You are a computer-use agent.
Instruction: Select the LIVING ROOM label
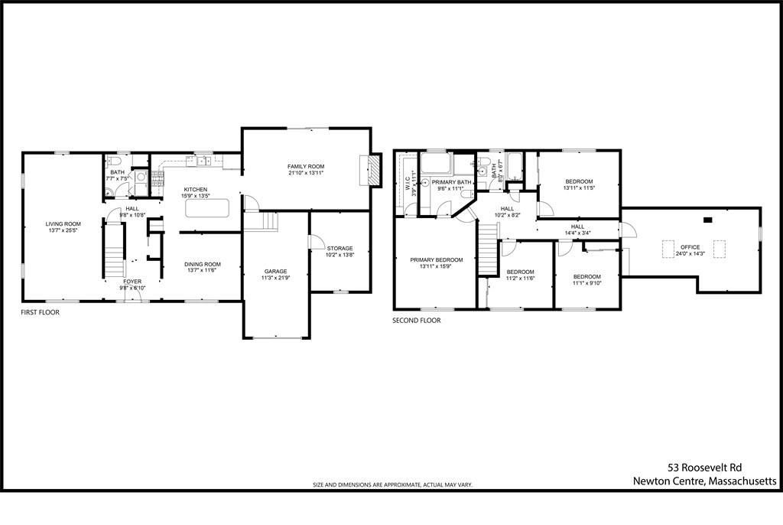tap(63, 223)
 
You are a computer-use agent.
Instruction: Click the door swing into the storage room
tap(314, 242)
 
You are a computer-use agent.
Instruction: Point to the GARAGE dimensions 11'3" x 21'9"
tap(276, 278)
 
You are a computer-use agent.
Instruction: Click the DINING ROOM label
tap(203, 264)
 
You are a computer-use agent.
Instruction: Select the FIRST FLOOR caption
tap(40, 312)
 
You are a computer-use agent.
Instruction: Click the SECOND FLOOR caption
tap(417, 321)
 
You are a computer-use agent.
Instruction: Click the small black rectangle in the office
tap(707, 220)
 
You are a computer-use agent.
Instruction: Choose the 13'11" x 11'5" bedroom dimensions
tap(579, 187)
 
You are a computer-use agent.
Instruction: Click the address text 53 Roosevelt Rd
tap(704, 467)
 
